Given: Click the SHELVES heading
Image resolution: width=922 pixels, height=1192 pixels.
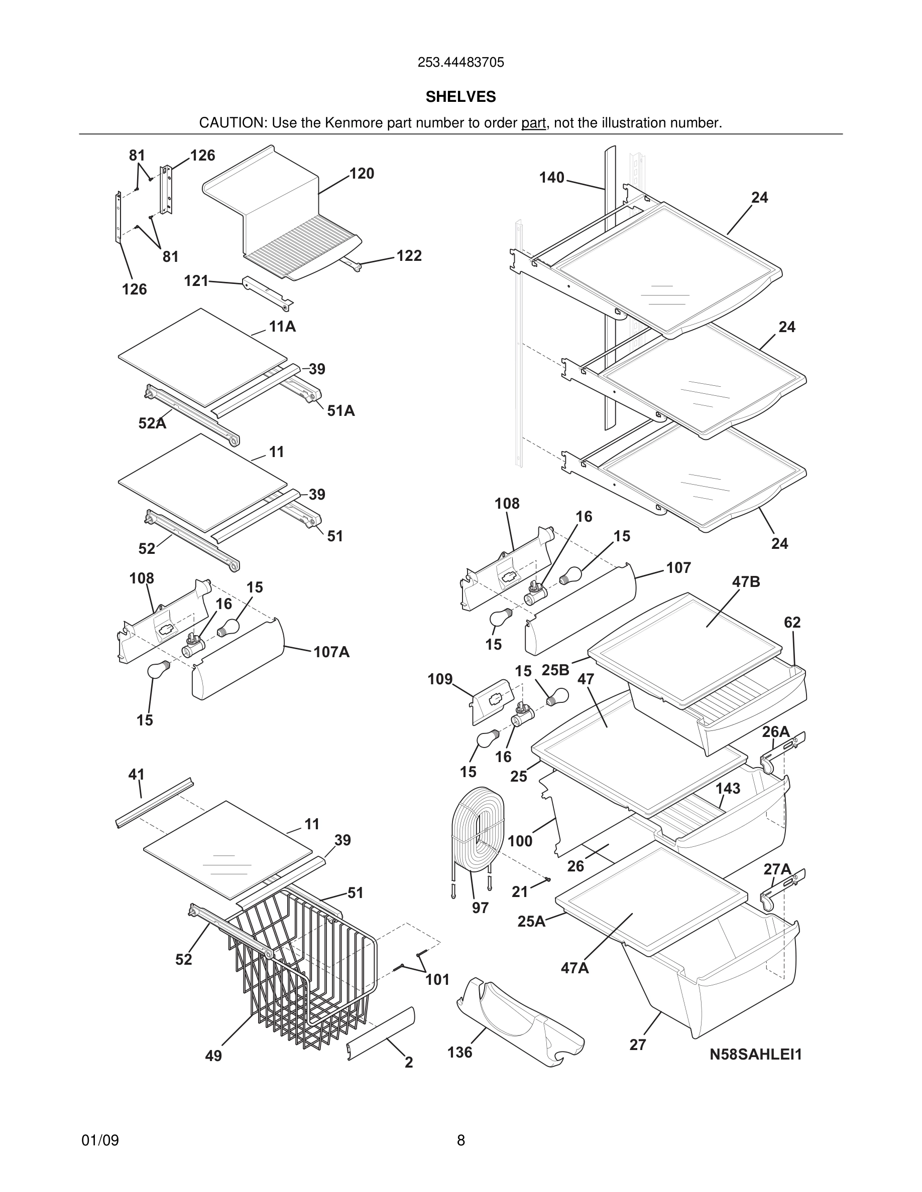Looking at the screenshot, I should [460, 97].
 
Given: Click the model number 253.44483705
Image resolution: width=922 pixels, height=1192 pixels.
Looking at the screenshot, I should [460, 62].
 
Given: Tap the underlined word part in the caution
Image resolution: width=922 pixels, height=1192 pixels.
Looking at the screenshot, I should [533, 123].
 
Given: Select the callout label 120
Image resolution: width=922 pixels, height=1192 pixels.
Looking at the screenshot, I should [362, 174].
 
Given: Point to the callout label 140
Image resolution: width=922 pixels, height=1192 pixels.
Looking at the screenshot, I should [552, 178].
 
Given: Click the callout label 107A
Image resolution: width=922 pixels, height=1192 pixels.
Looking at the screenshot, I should [331, 652].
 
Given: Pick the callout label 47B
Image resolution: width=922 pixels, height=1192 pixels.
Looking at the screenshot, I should [746, 582].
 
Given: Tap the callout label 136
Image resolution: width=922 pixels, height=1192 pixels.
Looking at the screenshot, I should [459, 1052].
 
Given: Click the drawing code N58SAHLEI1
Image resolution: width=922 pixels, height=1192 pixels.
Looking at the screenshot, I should [755, 1055].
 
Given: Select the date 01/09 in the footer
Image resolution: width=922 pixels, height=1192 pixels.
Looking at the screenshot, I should [100, 1140].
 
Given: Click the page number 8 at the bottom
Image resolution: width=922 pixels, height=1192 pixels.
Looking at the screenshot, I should [460, 1140].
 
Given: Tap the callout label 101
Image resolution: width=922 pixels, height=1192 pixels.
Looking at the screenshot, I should [437, 980].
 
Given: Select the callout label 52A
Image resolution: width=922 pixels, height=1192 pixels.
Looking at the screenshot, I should [152, 423].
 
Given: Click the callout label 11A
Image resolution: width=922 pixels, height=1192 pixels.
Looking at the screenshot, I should [282, 327].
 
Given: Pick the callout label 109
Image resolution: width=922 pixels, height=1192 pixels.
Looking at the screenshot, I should [440, 679].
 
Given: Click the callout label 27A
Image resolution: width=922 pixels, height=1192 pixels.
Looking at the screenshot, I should [777, 869].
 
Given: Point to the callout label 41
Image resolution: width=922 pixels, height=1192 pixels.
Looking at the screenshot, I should [136, 775].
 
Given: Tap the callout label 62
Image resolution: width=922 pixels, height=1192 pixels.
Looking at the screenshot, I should [792, 622].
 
